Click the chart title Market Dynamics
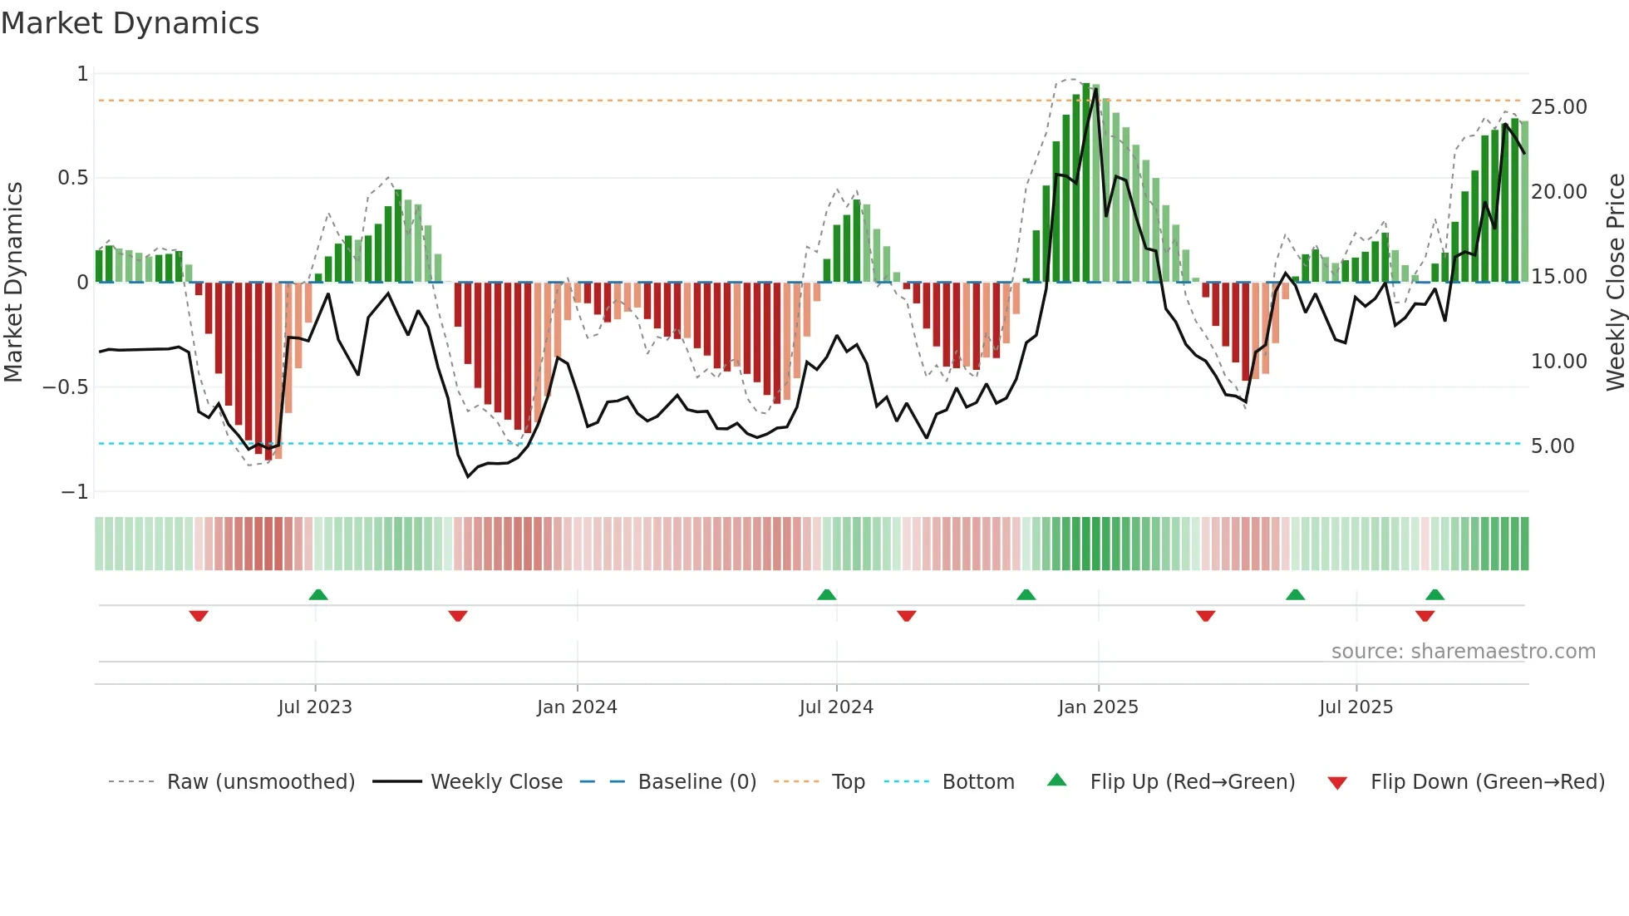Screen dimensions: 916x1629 (130, 23)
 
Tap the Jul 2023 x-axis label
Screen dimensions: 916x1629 (315, 707)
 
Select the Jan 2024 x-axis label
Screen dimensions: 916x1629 (577, 707)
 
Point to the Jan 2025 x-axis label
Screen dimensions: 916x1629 (1098, 707)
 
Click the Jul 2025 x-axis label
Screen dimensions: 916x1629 (1356, 707)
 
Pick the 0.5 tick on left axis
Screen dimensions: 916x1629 (72, 178)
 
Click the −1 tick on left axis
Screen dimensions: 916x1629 (75, 492)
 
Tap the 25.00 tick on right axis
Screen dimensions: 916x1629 (1558, 107)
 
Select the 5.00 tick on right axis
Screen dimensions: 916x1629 (1553, 446)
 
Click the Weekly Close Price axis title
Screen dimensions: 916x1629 (1615, 283)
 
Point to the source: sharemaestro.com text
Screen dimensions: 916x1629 (1463, 652)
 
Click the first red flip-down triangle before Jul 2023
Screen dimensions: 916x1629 (199, 616)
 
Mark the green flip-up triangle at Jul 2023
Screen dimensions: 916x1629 (318, 594)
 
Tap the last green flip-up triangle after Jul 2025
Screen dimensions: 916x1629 (1435, 594)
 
